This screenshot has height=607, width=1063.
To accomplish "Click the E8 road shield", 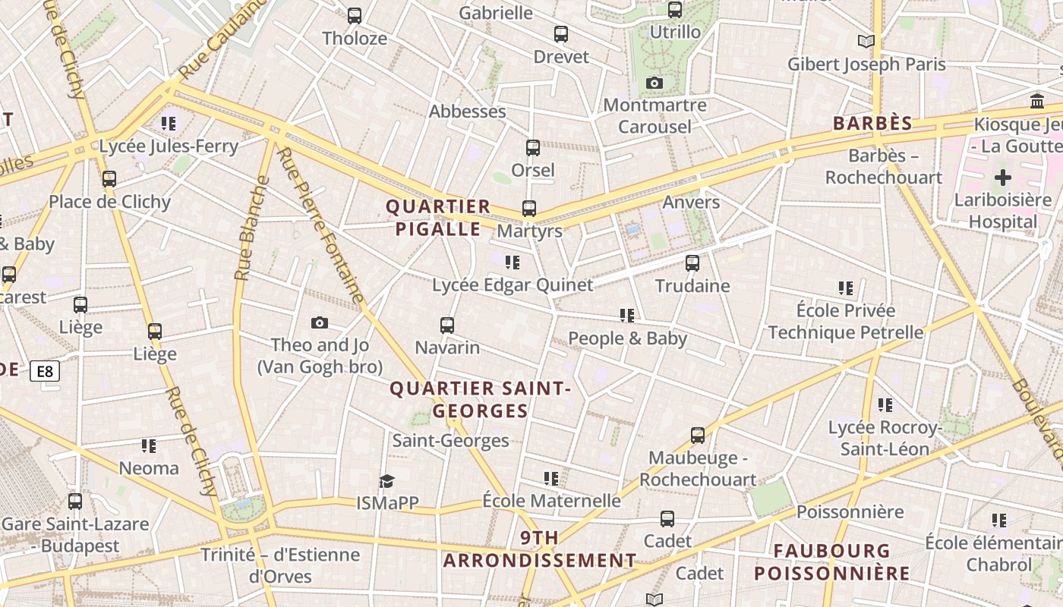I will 45,371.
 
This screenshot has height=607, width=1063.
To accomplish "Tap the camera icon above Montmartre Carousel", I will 655,83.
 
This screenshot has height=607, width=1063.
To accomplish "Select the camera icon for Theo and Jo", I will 320,322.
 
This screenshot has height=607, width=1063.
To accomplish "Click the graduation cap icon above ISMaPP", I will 387,481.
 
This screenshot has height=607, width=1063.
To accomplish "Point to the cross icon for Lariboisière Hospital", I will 1003,178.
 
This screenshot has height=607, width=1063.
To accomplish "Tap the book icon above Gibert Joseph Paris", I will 866,41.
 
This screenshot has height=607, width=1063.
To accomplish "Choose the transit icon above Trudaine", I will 692,263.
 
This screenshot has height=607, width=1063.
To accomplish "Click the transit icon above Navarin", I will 447,326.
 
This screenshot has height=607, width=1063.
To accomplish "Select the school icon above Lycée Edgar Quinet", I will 513,263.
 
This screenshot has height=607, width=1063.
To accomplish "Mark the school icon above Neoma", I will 149,445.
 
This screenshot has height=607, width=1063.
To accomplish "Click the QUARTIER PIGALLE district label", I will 438,218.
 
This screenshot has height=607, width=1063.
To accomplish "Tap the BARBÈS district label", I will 872,124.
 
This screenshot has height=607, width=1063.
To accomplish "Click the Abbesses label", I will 467,112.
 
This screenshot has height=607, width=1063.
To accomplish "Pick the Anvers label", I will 691,202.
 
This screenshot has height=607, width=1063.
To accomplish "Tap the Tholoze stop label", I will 355,38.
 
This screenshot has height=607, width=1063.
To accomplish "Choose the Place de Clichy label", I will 110,202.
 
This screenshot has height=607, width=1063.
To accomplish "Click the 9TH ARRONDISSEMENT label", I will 540,549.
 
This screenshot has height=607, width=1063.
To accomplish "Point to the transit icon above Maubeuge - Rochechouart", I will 698,436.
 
